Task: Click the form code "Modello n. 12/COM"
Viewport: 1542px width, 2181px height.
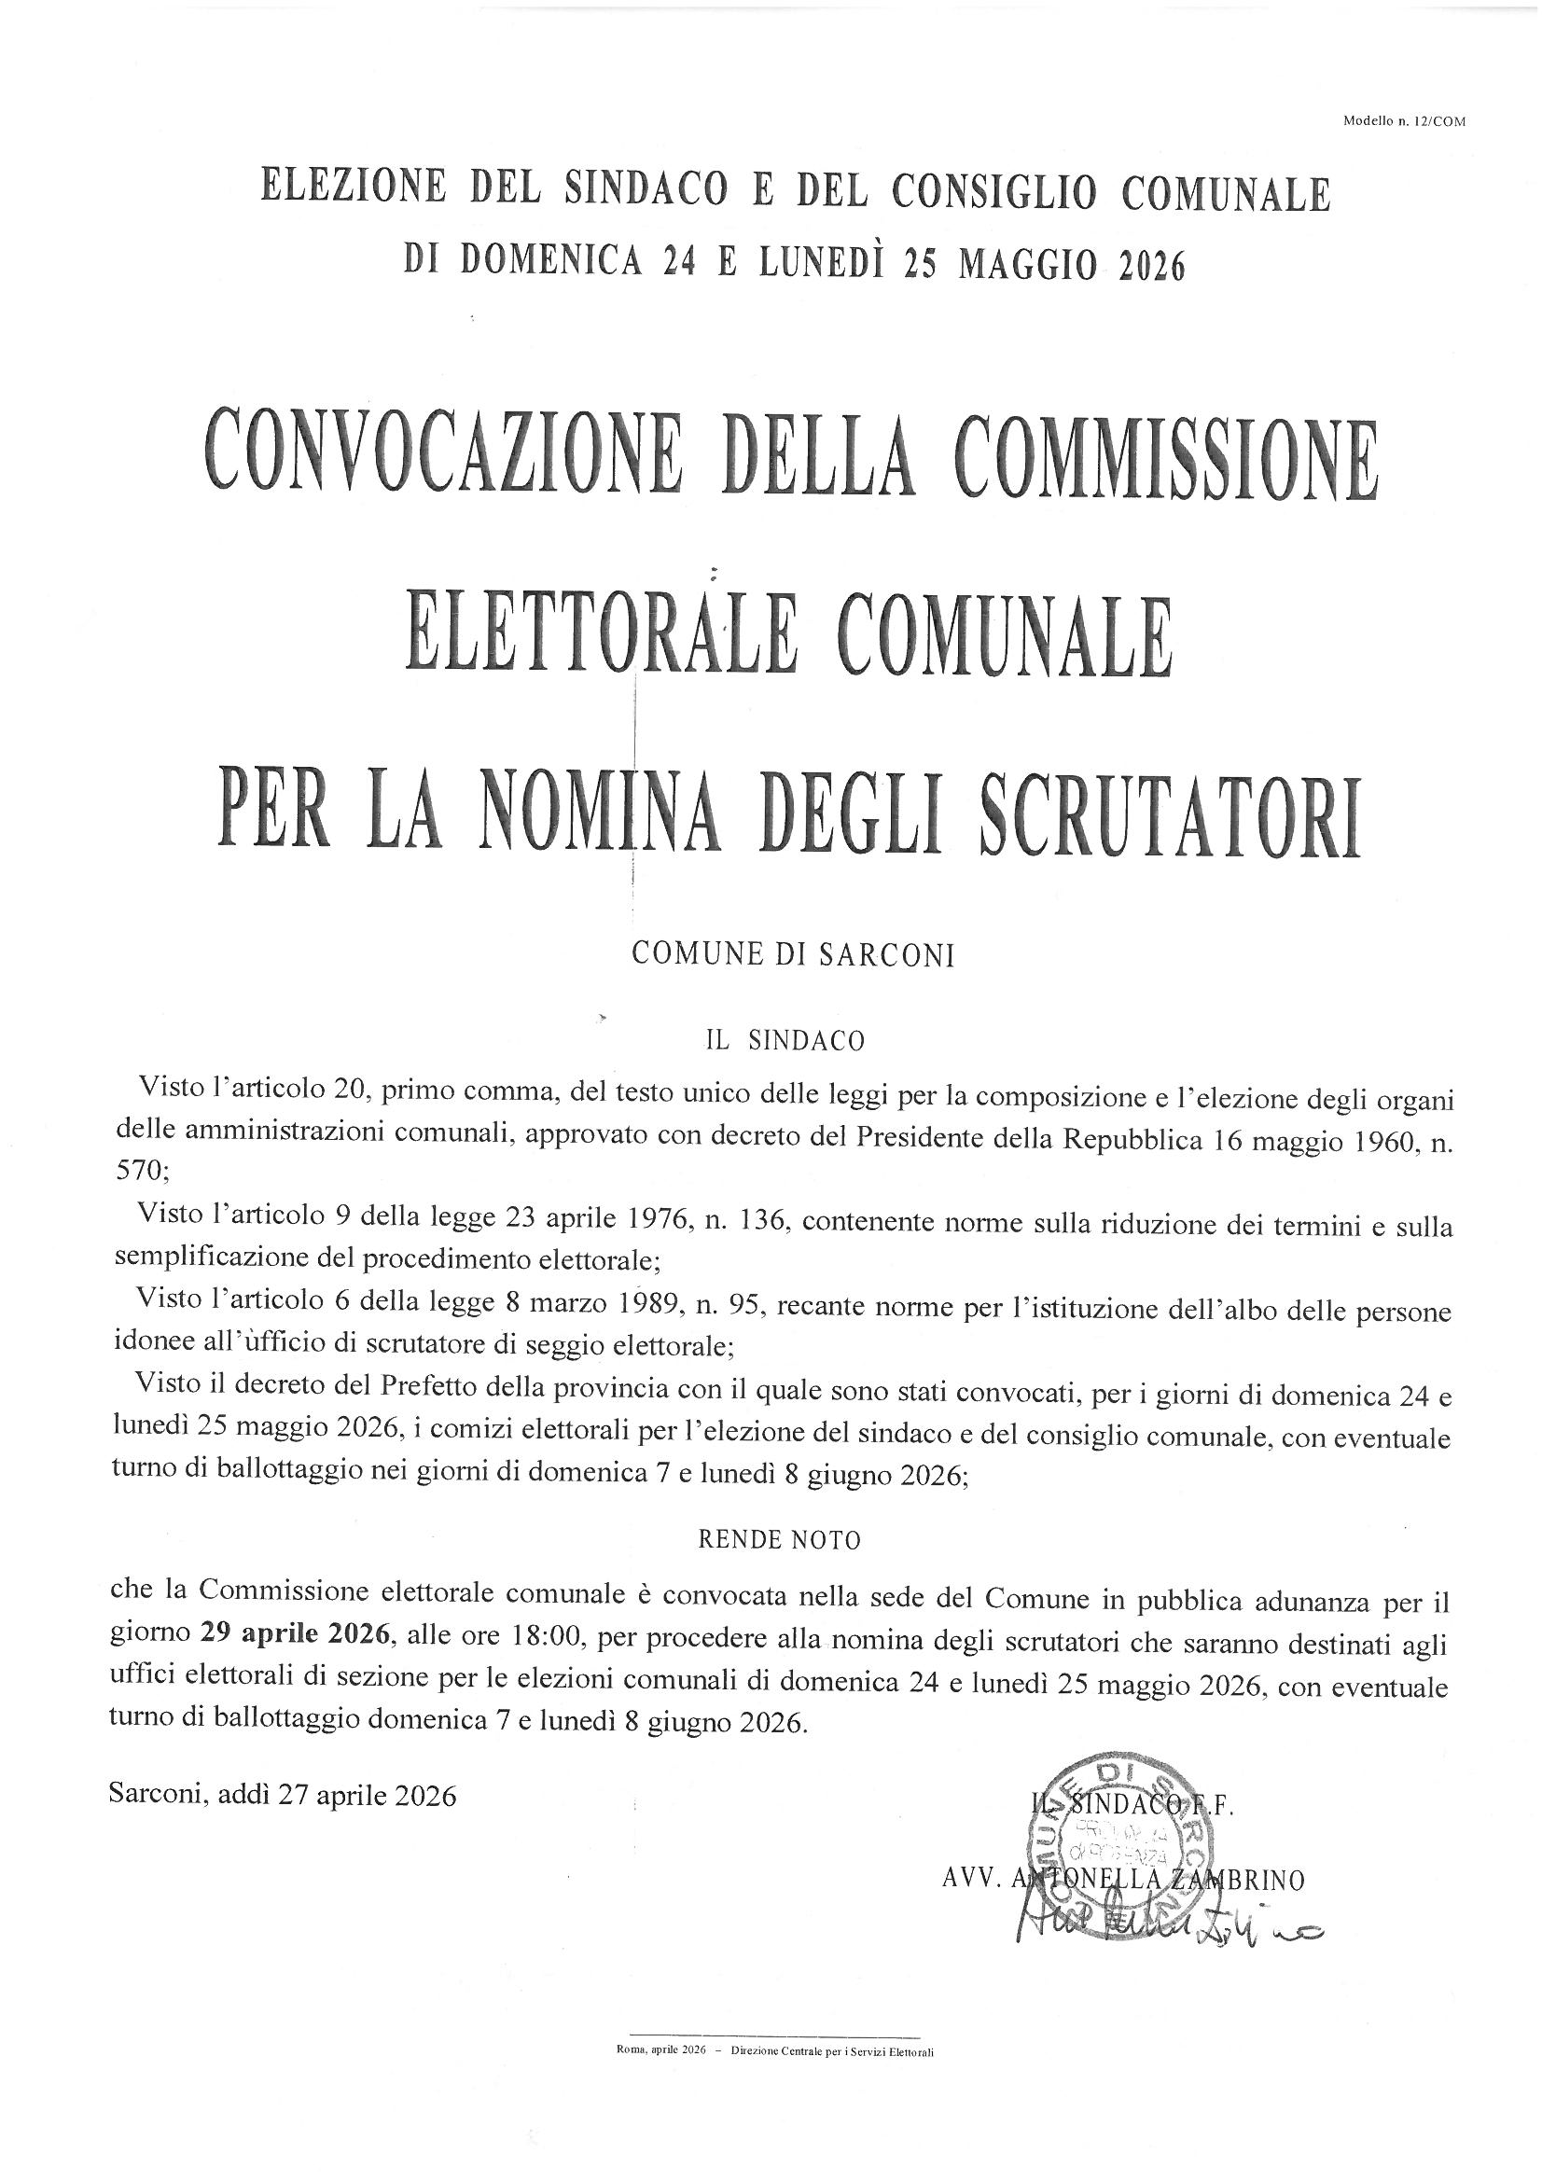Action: pyautogui.click(x=1404, y=120)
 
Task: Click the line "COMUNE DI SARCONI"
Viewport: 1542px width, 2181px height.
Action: pyautogui.click(x=792, y=955)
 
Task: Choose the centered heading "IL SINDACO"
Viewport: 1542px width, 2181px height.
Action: pyautogui.click(x=784, y=1041)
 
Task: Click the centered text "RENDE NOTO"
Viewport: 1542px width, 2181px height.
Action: pyautogui.click(x=779, y=1541)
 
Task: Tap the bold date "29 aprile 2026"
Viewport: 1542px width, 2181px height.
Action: pyautogui.click(x=296, y=1632)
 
